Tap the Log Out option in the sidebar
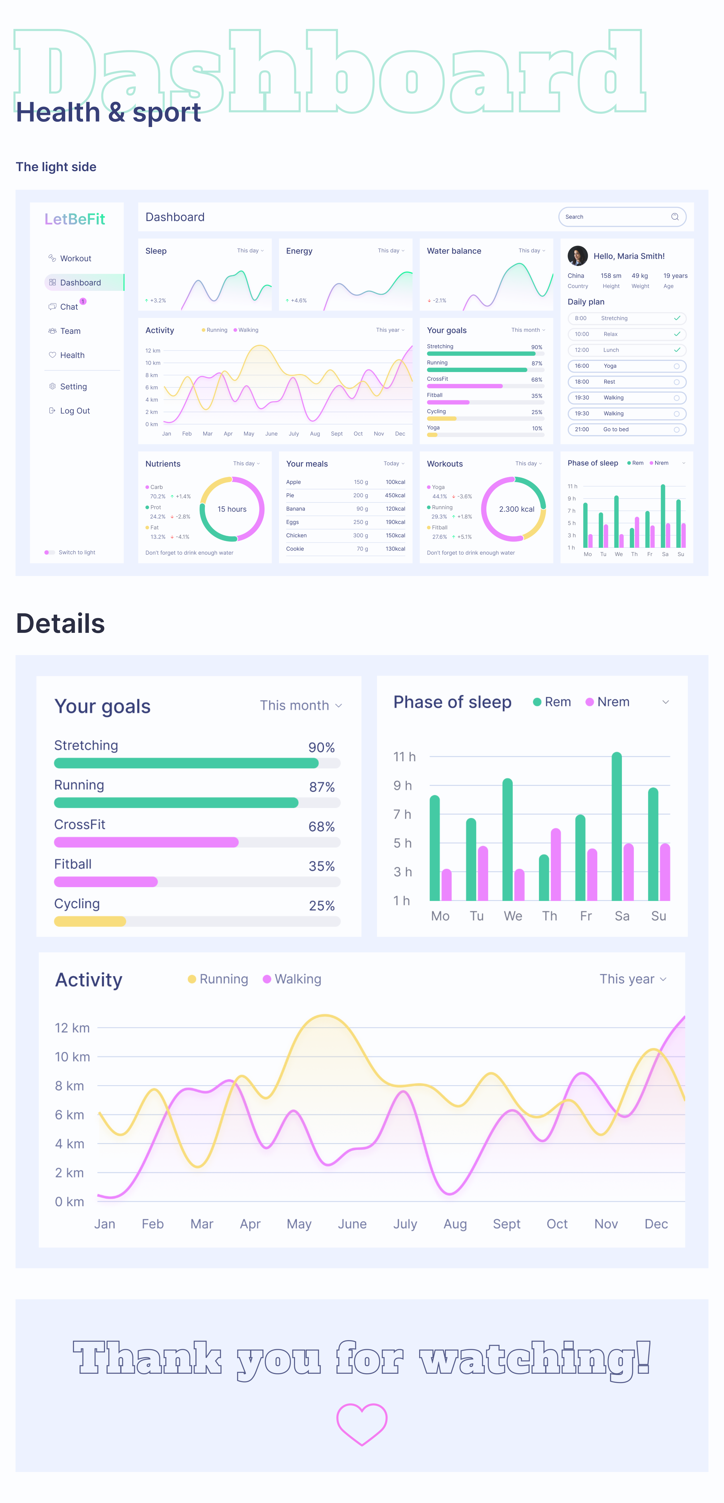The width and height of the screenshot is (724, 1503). [x=75, y=411]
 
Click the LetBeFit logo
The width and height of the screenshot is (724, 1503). [x=75, y=219]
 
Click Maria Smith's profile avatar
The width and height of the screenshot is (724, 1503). [x=578, y=256]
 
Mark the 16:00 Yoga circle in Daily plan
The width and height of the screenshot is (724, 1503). [x=676, y=366]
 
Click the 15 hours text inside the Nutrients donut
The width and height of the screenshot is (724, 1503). [x=232, y=509]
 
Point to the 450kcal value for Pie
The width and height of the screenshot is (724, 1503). [x=395, y=495]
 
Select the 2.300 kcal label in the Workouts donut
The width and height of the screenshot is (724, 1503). [x=516, y=509]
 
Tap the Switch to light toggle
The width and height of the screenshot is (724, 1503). [x=50, y=552]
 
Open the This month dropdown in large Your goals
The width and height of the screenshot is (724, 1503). [x=300, y=705]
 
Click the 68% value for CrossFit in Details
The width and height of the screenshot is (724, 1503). [x=321, y=827]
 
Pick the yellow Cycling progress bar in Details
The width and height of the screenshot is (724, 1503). [x=90, y=921]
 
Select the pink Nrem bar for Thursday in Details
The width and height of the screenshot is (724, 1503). [x=555, y=865]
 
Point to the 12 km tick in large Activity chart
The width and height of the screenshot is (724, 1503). [x=72, y=1028]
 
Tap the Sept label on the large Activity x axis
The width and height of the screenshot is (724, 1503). [x=506, y=1224]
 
